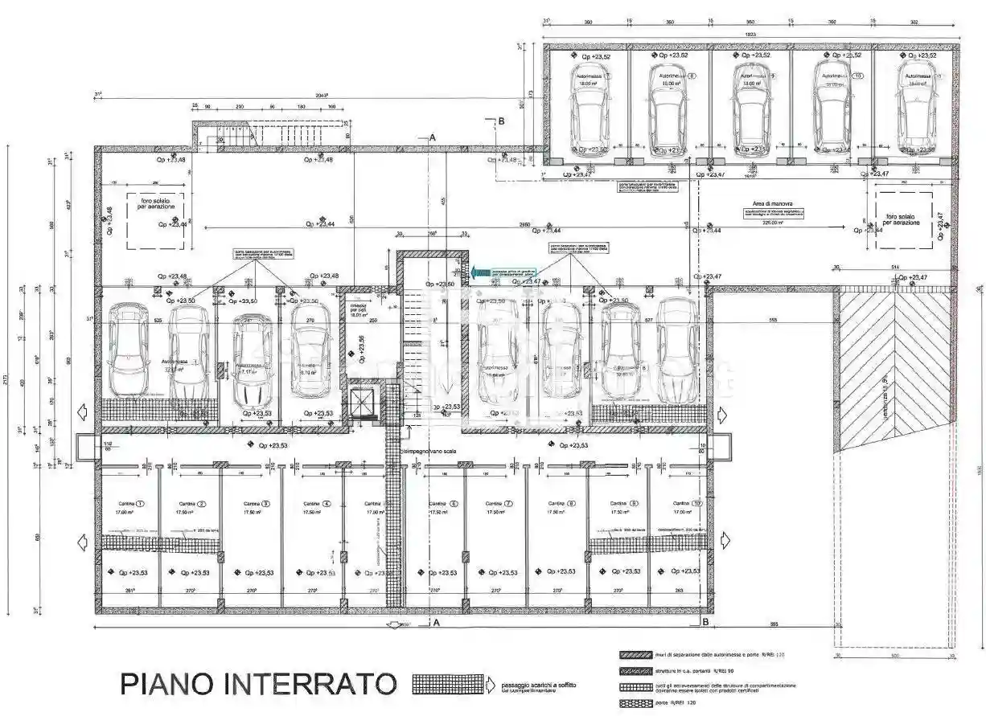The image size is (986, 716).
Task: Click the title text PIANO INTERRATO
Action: [258, 684]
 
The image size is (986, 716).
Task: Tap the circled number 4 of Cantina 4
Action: [327, 504]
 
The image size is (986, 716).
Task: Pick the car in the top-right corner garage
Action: [916, 108]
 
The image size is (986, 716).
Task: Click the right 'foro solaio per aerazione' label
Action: [902, 219]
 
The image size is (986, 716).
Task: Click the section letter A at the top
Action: [432, 138]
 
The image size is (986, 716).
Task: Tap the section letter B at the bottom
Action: [705, 622]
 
